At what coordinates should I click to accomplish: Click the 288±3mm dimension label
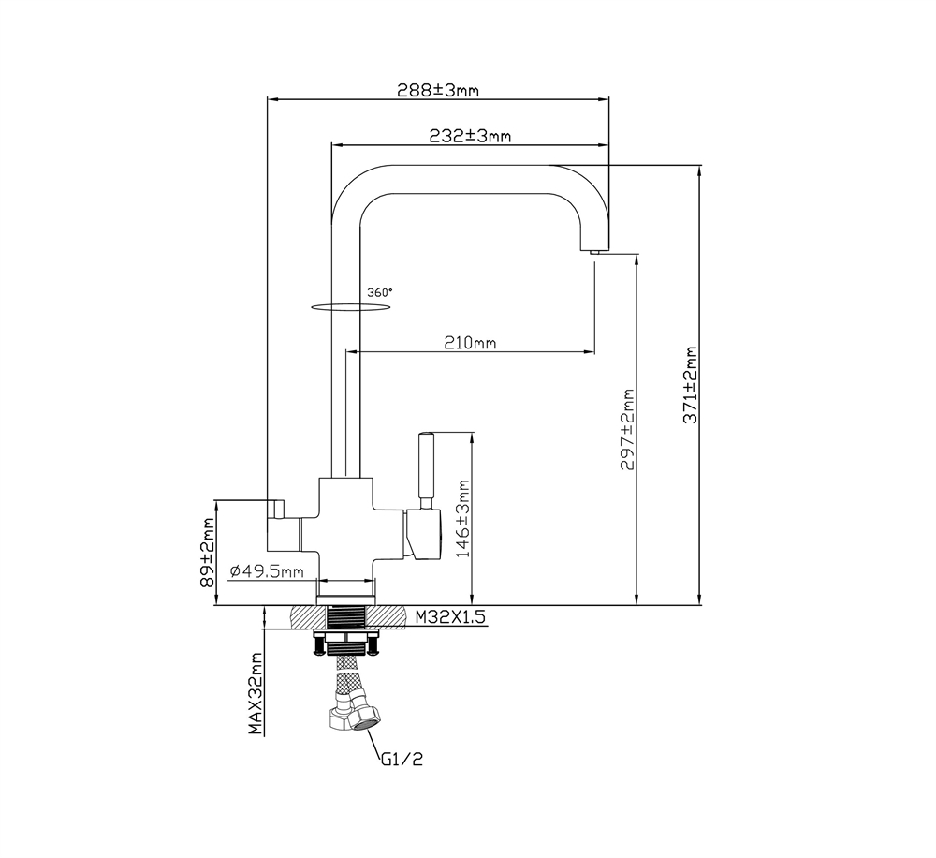438,91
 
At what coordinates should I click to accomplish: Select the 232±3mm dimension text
470,137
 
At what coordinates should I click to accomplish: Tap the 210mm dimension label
470,344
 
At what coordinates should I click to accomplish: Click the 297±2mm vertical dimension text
628,430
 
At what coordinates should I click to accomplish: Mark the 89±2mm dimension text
207,554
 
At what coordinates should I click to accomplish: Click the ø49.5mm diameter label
267,571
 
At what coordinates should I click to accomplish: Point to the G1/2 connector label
402,760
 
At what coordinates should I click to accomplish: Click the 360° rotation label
379,292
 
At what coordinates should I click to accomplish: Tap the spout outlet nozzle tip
593,250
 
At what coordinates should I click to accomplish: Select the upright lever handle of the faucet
425,468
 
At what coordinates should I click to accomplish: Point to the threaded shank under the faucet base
346,618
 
